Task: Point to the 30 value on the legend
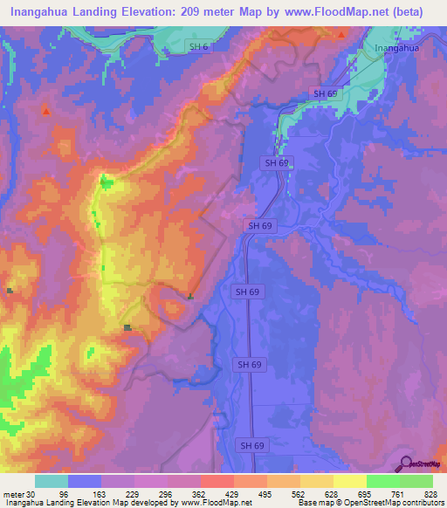coord(34,493)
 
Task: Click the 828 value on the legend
coord(430,493)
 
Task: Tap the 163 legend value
coord(99,493)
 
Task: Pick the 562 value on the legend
coord(298,493)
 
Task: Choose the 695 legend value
coord(364,493)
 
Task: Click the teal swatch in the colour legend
coord(52,481)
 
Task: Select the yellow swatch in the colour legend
coord(349,481)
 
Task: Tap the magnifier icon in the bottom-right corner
coord(403,463)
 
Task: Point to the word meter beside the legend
coord(14,493)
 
